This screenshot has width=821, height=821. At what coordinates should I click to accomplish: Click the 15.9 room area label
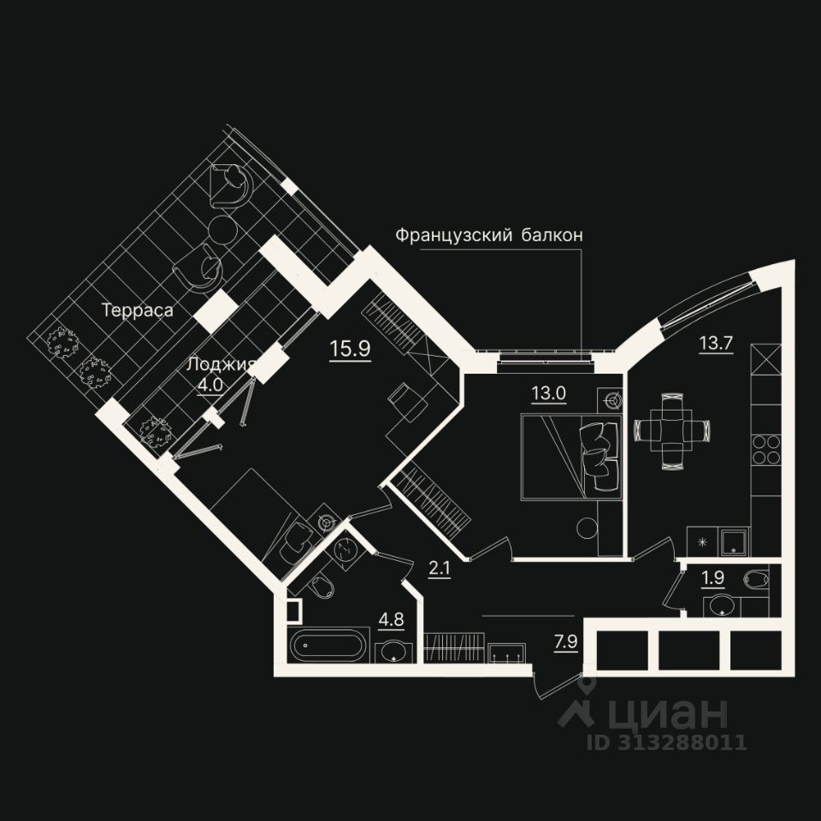click(351, 348)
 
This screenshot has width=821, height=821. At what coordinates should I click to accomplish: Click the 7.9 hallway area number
click(566, 641)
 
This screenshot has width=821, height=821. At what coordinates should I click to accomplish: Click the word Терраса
click(138, 310)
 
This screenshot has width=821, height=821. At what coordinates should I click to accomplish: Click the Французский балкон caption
click(489, 235)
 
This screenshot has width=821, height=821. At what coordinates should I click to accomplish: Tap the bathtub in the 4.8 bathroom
click(329, 645)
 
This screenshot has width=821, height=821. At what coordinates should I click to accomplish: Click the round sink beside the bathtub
click(393, 652)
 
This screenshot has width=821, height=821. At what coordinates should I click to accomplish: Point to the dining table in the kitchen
click(672, 428)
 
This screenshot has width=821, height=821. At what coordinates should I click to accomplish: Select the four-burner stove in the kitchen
click(766, 449)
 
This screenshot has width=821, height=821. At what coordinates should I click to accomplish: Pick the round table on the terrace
click(225, 231)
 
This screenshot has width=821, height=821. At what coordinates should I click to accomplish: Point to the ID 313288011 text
click(667, 741)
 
